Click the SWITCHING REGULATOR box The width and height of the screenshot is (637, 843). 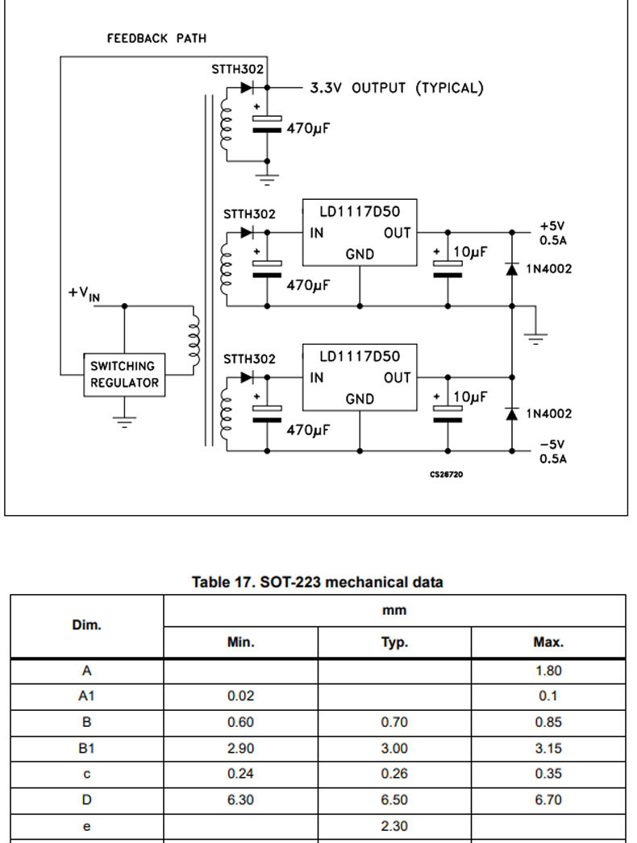tap(124, 375)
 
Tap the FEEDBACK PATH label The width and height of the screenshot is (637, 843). tap(156, 38)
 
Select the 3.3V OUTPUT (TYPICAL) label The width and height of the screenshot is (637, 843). tap(397, 88)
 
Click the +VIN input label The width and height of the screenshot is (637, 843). tap(84, 294)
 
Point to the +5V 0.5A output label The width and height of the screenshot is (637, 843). tap(553, 233)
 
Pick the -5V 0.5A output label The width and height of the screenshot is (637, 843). tap(553, 451)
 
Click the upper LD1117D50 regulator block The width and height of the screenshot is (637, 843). tap(360, 232)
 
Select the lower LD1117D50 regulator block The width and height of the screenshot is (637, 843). tap(360, 377)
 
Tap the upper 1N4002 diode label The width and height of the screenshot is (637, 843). tap(549, 269)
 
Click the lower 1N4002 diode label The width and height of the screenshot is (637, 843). tap(549, 413)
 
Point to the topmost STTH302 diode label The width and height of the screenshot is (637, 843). tap(237, 69)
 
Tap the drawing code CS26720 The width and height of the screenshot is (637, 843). tap(446, 474)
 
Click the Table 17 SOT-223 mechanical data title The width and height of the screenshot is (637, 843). tap(318, 582)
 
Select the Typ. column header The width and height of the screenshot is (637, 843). tap(394, 642)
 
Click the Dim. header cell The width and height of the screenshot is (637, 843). tap(86, 625)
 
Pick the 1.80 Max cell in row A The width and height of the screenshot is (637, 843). tap(548, 671)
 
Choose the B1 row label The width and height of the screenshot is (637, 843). tap(86, 749)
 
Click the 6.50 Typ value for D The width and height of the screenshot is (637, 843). tap(394, 800)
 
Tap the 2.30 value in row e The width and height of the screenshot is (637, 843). tap(394, 826)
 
